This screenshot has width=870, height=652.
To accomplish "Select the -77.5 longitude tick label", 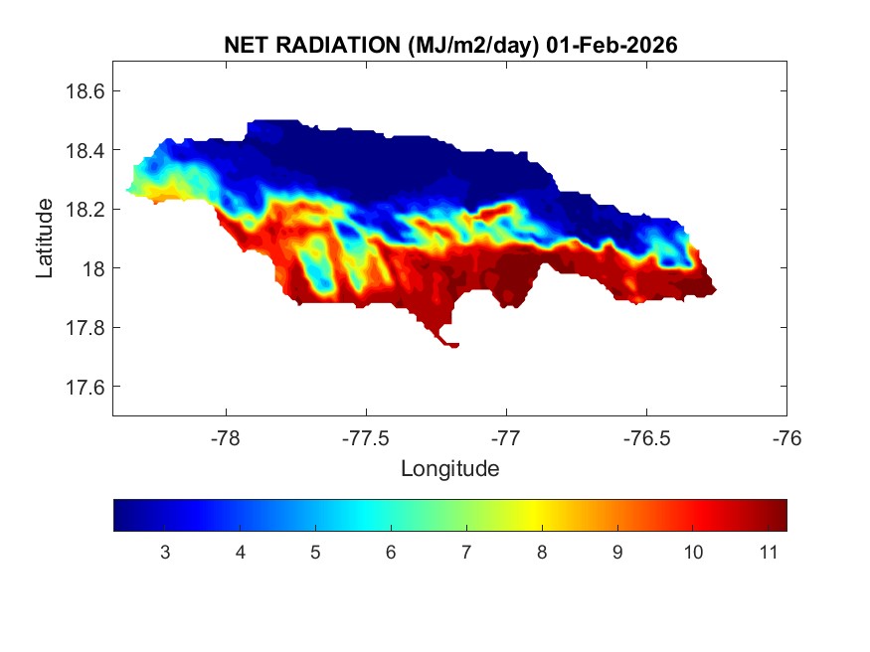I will point(366,437).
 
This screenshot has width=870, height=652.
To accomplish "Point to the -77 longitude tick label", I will point(506,437).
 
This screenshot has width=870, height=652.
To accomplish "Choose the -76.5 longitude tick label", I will point(646,437).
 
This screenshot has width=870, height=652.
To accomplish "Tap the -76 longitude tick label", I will point(786,437).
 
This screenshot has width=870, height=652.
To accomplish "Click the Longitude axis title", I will point(449,468).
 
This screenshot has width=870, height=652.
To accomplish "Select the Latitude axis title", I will point(45,239).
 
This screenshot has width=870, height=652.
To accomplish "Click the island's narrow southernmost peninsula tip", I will point(453,345).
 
